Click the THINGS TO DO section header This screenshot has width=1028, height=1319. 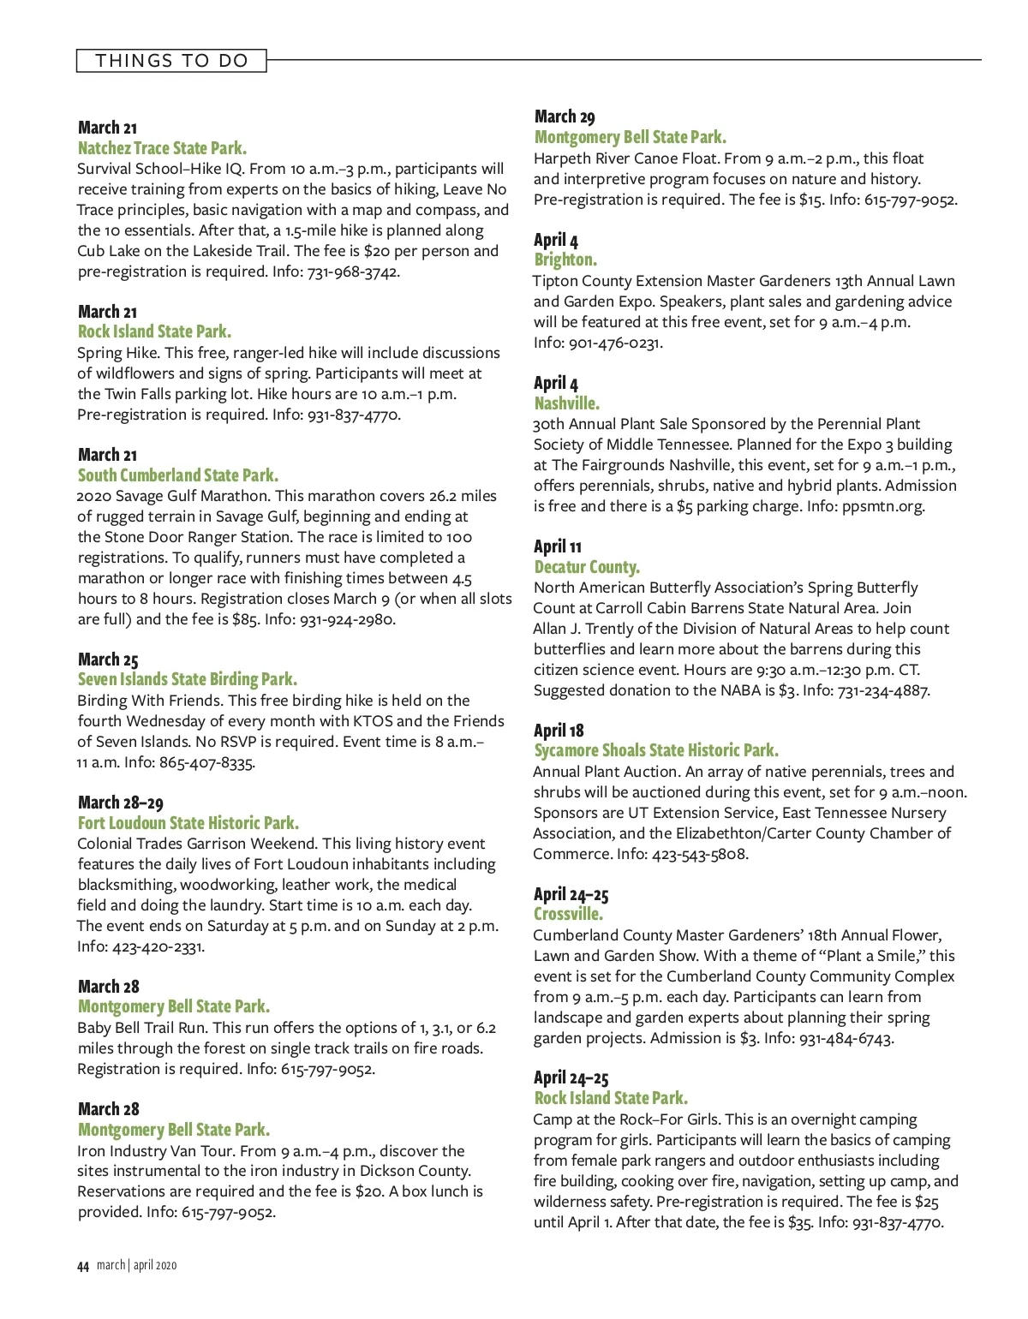pos(171,61)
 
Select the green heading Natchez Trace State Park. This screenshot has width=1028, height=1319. pos(162,148)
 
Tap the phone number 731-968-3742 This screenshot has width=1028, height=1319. pos(353,272)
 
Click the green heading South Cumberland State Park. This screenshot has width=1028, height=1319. pos(177,475)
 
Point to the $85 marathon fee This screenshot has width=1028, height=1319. pos(245,619)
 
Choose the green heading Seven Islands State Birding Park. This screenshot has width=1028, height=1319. pos(187,679)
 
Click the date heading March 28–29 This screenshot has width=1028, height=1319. pos(120,803)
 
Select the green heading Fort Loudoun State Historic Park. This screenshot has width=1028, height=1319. pos(188,823)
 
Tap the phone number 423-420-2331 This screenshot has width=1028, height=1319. pos(157,947)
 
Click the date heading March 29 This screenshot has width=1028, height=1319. pos(564,116)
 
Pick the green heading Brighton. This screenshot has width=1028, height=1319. pos(565,260)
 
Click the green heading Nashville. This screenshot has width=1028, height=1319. pos(566,403)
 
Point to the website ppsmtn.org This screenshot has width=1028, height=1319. pos(882,506)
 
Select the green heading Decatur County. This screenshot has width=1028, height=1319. pos(586,567)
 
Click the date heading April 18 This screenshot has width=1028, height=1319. pos(558,731)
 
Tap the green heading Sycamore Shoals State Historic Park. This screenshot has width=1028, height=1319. pos(655,750)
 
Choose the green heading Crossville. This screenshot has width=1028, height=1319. pos(568,914)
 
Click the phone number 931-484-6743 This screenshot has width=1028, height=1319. pos(846,1039)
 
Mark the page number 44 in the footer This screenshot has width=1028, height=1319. pos(82,1266)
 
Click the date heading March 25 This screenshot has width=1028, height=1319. pos(107,659)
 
